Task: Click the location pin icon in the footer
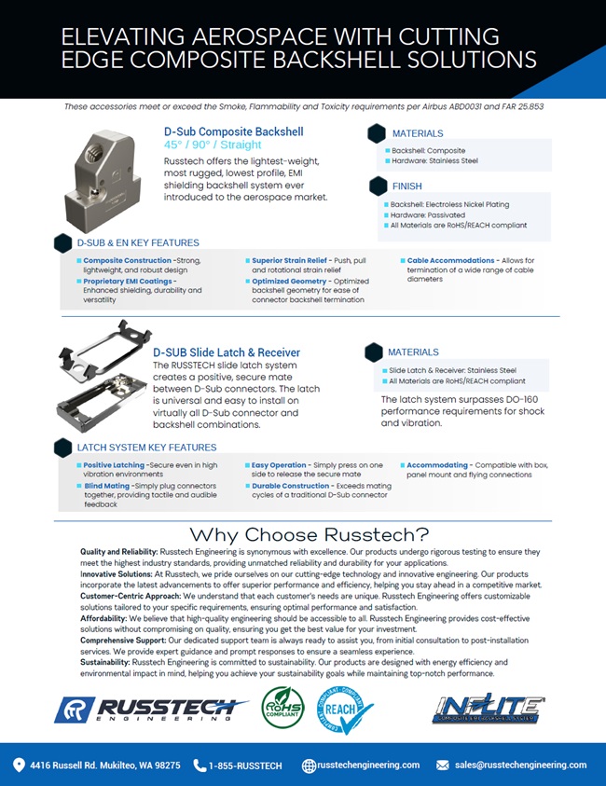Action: click(19, 765)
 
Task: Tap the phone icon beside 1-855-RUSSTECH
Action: click(200, 765)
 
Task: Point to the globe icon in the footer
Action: click(309, 765)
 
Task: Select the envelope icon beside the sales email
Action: click(443, 765)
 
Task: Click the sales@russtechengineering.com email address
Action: click(520, 765)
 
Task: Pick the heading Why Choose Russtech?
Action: click(310, 534)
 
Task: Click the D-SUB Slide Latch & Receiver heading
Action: click(227, 352)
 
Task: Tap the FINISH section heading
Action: click(407, 186)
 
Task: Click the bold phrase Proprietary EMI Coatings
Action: click(129, 281)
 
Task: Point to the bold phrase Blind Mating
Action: click(106, 486)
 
